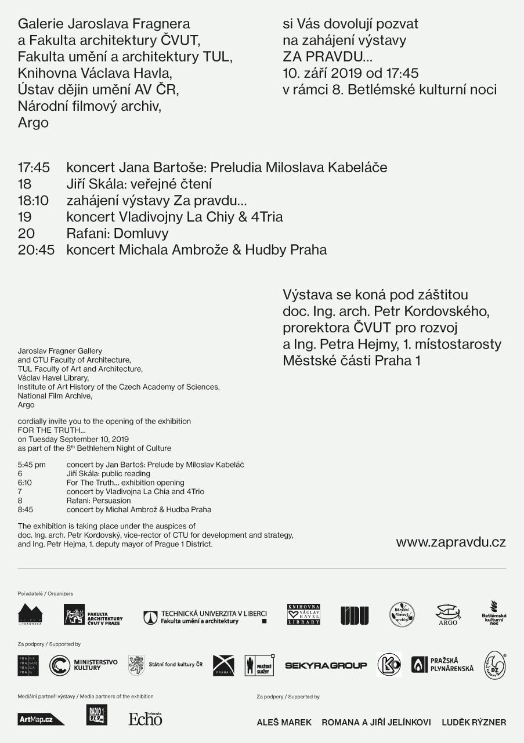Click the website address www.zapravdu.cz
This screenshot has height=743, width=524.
(x=451, y=542)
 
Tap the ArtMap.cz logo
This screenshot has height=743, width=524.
(x=41, y=719)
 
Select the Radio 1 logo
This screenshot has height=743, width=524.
(x=97, y=715)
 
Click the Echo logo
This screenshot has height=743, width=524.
(x=146, y=719)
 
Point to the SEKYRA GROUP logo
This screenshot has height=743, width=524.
(x=326, y=665)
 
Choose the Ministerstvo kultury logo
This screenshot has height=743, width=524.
(x=84, y=665)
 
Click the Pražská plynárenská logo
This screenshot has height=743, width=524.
(x=443, y=665)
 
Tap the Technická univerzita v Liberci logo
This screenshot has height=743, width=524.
(x=205, y=617)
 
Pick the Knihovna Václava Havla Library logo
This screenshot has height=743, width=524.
(x=303, y=614)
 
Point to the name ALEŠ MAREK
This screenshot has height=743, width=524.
(x=284, y=722)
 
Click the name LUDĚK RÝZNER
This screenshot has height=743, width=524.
(x=474, y=722)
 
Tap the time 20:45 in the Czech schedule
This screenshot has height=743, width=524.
(x=34, y=250)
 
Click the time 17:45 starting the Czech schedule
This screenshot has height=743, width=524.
(x=34, y=168)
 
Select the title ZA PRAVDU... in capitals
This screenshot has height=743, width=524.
(x=328, y=57)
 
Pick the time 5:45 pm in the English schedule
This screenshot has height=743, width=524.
(x=31, y=465)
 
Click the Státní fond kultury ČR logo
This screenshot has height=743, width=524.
(x=165, y=665)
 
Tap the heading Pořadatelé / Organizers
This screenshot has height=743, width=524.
(x=45, y=593)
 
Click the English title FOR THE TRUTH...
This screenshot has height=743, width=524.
(x=51, y=430)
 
